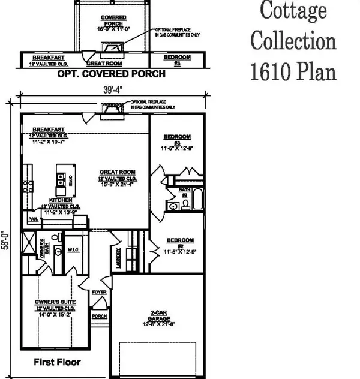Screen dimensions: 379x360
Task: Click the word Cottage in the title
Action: click(x=293, y=10)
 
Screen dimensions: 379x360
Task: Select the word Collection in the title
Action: click(x=293, y=41)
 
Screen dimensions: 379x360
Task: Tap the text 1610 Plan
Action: click(x=293, y=72)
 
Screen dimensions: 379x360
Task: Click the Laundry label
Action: click(x=121, y=257)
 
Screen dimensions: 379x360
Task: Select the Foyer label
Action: click(x=99, y=293)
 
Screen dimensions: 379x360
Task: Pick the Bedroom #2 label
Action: click(x=179, y=243)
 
